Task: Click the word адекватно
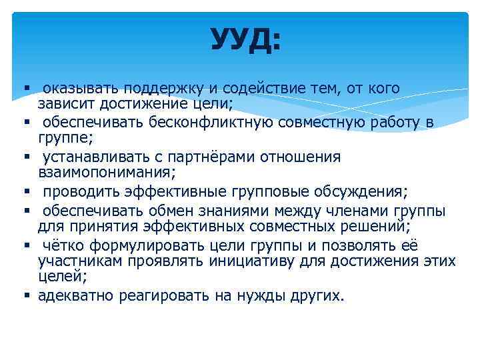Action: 76,295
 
